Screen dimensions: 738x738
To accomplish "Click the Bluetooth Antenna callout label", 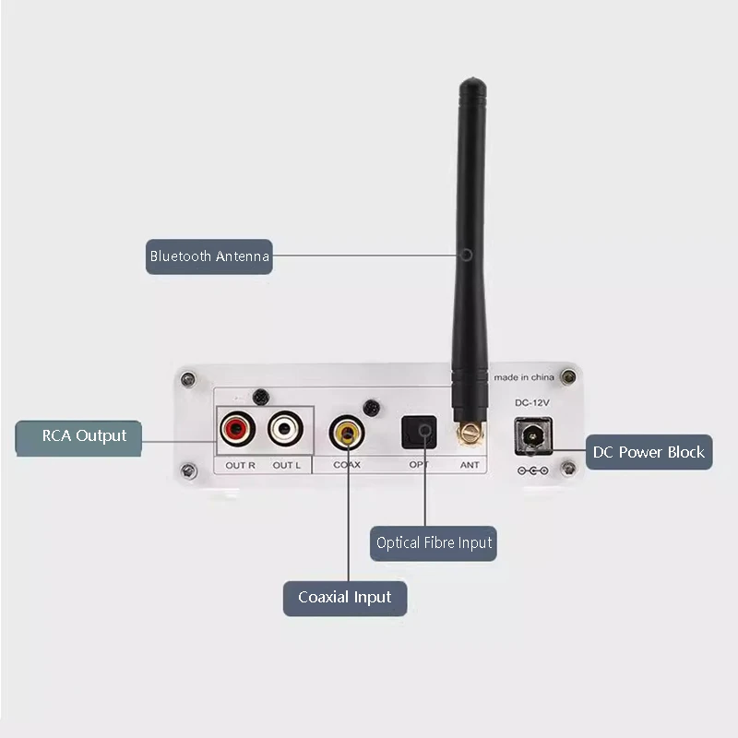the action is pos(210,256).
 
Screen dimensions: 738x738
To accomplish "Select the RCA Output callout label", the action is pos(79,435).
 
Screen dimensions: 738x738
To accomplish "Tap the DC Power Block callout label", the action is pos(649,452).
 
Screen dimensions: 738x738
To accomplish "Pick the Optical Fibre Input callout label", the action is pos(434,542).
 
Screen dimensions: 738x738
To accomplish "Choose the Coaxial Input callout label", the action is pos(345,598).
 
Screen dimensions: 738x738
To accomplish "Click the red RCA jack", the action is pos(238,429).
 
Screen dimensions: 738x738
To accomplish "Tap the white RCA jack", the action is pos(286,429).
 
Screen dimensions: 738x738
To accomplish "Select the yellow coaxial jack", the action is pos(347,431).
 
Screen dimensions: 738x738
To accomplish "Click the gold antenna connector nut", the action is pos(470,431).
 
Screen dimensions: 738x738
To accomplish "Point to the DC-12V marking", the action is pos(532,404).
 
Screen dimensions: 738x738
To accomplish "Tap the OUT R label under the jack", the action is pos(240,465).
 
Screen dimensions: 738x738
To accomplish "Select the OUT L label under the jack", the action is pos(287,465).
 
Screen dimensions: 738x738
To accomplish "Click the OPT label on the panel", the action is pos(419,465).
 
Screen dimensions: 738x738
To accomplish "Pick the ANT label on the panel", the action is pos(470,465).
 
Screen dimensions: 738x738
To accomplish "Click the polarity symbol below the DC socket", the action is pos(533,470).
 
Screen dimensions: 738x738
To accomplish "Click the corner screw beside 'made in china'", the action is pos(569,376).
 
